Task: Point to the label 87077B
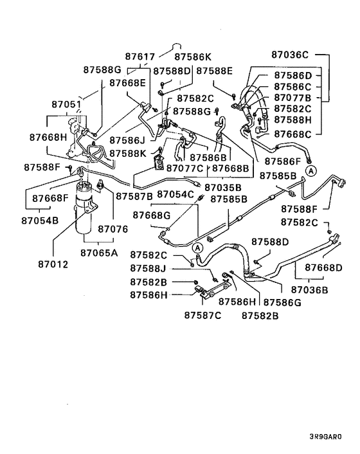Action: coord(292,98)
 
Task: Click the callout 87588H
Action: coord(292,120)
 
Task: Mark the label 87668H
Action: coord(48,137)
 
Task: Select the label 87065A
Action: coord(99,253)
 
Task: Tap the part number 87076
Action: coord(112,228)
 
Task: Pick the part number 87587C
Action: coord(203,314)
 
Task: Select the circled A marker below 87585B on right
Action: coord(311,170)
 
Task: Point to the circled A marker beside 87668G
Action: coord(198,248)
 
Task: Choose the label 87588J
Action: coord(148,268)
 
